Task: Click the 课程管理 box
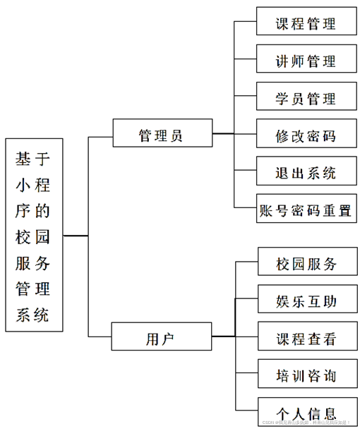[x=306, y=23]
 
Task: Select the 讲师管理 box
[x=306, y=61]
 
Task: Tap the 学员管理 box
[x=306, y=98]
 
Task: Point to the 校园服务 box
[x=306, y=265]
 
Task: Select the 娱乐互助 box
[x=306, y=301]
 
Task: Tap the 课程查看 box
[x=306, y=339]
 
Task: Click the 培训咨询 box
[x=306, y=376]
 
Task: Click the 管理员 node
[x=162, y=134]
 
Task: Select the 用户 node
[x=162, y=338]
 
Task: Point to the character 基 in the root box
[x=23, y=158]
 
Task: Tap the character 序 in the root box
[x=23, y=210]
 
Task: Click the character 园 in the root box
[x=42, y=236]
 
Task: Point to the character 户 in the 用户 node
[x=169, y=338]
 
